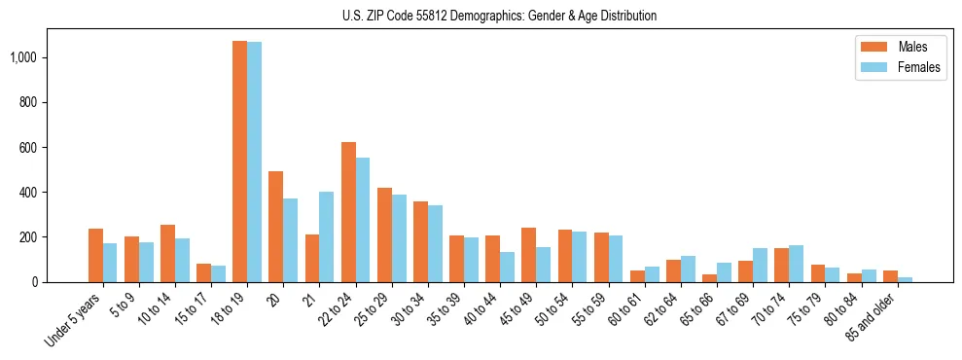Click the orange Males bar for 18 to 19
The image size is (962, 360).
click(x=239, y=162)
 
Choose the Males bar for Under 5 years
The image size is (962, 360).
click(x=95, y=256)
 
